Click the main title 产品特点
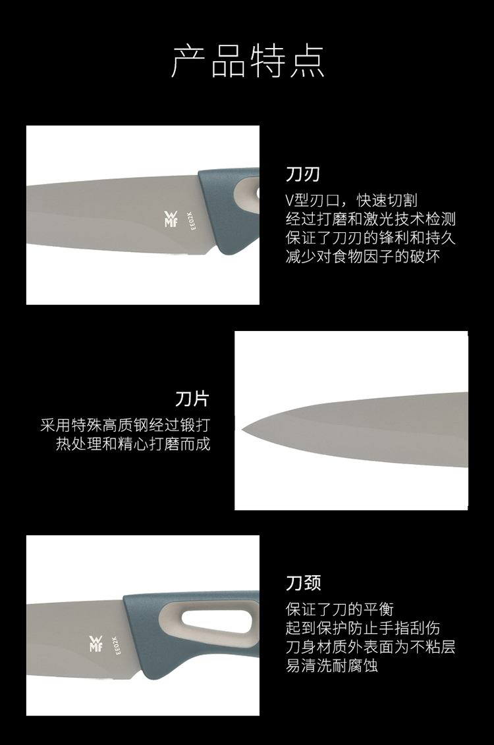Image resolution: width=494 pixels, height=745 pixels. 248,62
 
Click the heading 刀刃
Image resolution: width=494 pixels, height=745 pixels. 303,174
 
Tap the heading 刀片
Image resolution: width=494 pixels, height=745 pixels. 192,399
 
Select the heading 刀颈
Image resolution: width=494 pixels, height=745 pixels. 304,582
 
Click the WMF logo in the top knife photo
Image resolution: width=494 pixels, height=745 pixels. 171,218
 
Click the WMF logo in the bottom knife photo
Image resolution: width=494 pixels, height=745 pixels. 96,644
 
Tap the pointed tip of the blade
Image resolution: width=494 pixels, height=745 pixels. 242,429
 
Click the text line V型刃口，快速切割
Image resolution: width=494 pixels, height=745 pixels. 351,200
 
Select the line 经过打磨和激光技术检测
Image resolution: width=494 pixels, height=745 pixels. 371,218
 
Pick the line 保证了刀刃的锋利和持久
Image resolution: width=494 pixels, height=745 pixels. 371,237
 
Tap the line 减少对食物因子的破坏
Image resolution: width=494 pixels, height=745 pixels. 363,256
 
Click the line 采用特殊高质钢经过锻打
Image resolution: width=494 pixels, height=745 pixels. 125,424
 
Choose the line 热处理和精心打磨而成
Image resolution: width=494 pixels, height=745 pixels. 133,444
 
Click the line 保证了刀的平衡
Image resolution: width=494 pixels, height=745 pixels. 339,609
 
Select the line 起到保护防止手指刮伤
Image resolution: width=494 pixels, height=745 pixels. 363,628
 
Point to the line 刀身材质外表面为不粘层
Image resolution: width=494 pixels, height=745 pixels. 371,646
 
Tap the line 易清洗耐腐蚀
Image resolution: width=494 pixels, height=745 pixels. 332,665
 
